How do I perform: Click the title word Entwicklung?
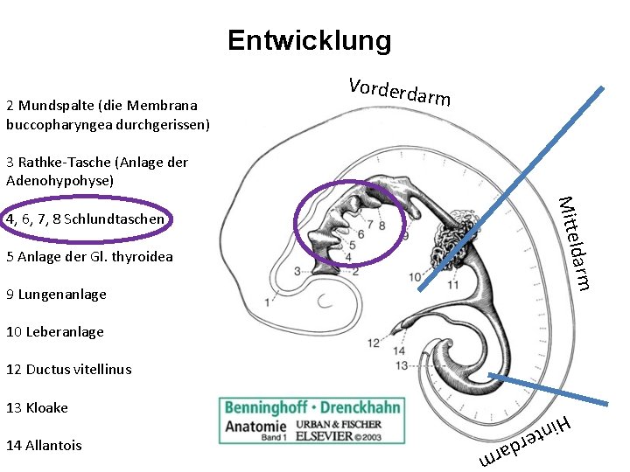point(309,40)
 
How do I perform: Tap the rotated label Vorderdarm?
point(399,92)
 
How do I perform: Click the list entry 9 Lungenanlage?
point(56,295)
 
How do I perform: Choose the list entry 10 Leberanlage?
point(54,332)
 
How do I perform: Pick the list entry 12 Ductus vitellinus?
point(68,370)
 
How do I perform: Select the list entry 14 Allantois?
point(44,445)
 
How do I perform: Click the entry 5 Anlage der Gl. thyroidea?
point(89,257)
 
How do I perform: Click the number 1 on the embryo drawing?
point(267,302)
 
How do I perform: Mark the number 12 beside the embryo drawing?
point(374,343)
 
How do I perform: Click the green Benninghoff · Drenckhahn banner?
point(312,408)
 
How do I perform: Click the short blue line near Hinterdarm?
point(546,389)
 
